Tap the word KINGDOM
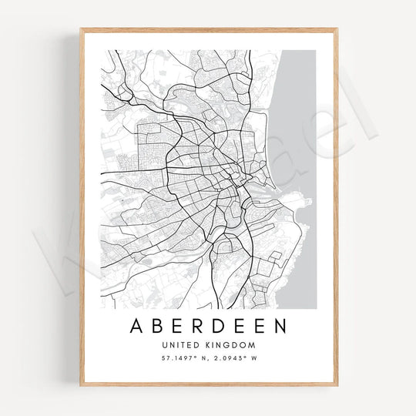pos(230,345)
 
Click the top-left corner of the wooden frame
pos(81,29)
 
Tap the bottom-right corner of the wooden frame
pos(337,384)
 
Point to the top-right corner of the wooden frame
pos(337,29)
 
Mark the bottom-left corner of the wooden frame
pos(81,384)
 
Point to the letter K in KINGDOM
pos(209,345)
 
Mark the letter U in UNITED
pos(164,345)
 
